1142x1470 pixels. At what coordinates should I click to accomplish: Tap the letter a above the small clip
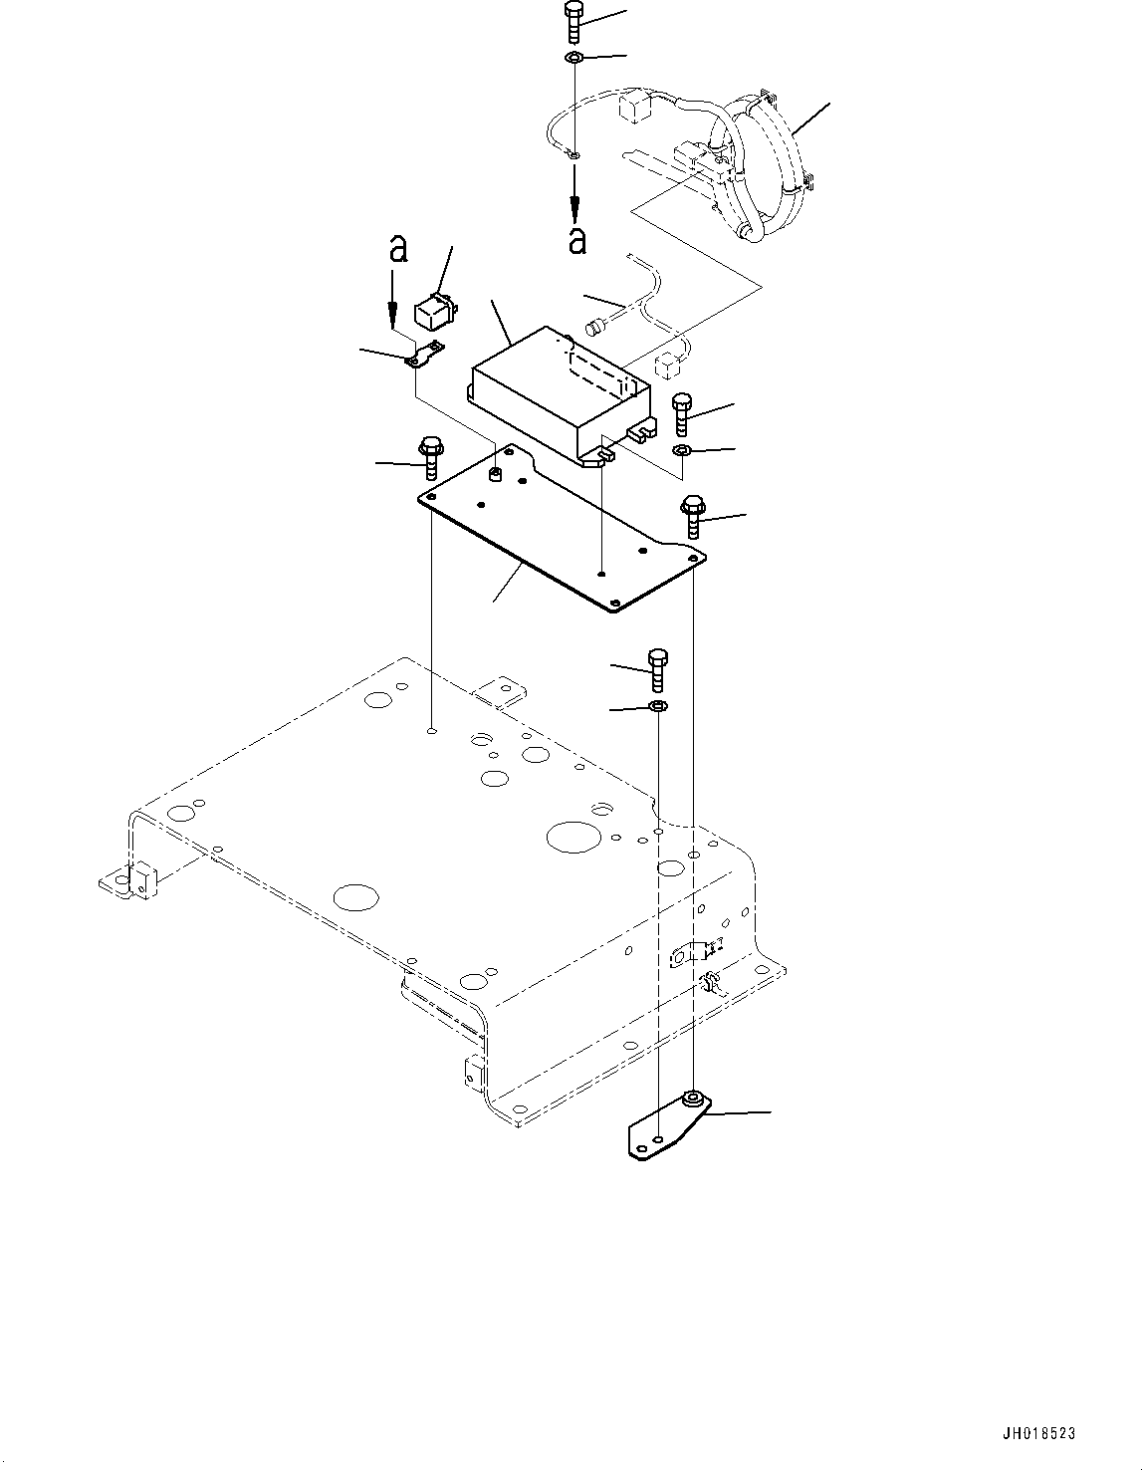point(398,248)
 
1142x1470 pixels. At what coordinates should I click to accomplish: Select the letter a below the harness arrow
point(576,239)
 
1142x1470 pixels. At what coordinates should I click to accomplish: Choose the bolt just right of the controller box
point(682,413)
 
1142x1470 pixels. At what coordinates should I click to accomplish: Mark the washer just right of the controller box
point(682,452)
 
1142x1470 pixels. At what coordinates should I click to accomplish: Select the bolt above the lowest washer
point(657,669)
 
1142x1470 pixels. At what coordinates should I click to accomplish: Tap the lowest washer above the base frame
point(657,707)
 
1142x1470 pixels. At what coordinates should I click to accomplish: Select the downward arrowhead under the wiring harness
point(574,207)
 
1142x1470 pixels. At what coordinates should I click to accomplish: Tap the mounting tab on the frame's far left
point(129,880)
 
